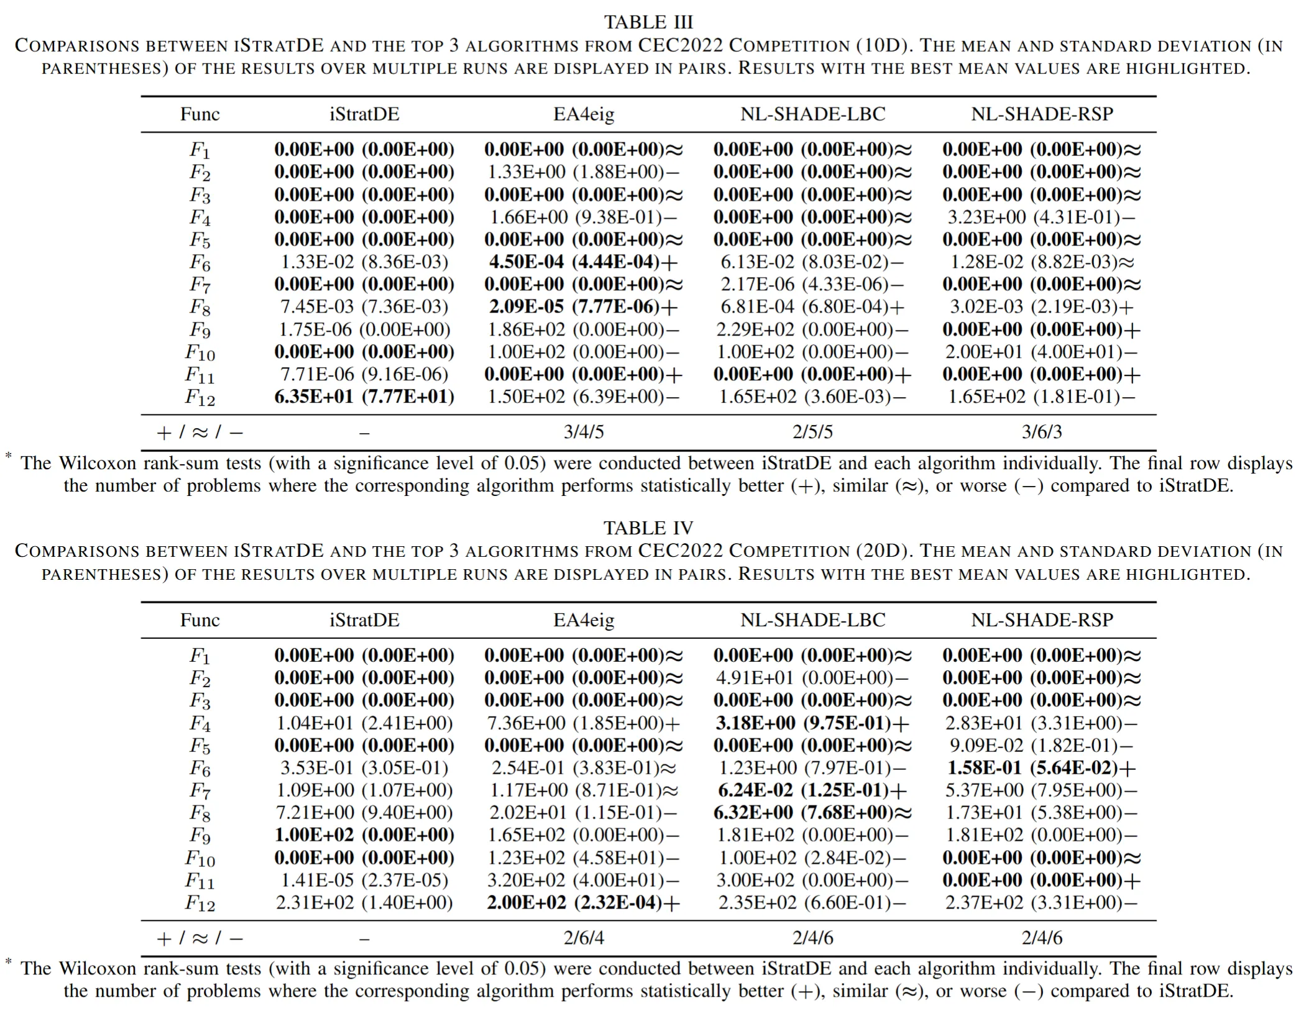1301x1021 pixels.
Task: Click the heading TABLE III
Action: point(648,22)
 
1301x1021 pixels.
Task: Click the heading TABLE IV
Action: point(648,528)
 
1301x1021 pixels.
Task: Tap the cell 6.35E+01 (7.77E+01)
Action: point(364,397)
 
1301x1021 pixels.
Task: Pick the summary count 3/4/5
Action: point(584,432)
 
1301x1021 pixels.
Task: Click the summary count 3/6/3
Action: point(1042,432)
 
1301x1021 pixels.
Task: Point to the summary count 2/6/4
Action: point(584,938)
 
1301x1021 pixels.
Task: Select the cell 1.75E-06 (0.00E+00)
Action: point(364,329)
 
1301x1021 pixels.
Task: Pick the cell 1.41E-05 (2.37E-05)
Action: point(364,881)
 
